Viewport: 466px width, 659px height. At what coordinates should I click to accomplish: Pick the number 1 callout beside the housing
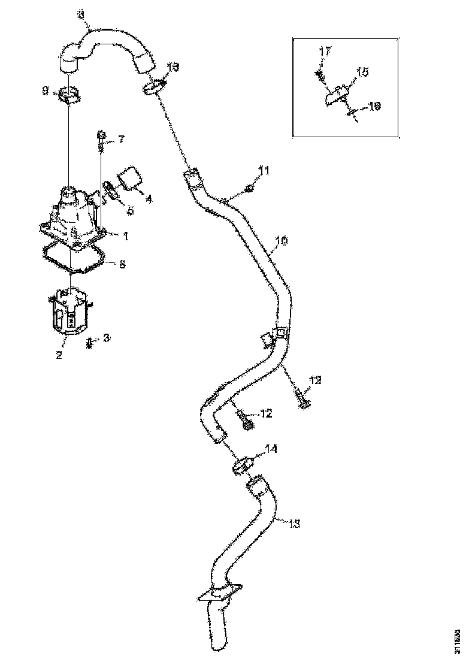[x=126, y=237]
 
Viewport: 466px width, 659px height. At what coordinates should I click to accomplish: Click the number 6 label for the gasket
[x=122, y=264]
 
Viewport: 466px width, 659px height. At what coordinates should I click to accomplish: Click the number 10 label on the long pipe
[x=281, y=242]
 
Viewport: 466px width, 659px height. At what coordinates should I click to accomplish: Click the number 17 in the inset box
[x=324, y=52]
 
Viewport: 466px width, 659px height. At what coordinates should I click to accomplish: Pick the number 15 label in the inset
[x=362, y=72]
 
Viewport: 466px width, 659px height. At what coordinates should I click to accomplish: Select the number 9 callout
[x=45, y=90]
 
